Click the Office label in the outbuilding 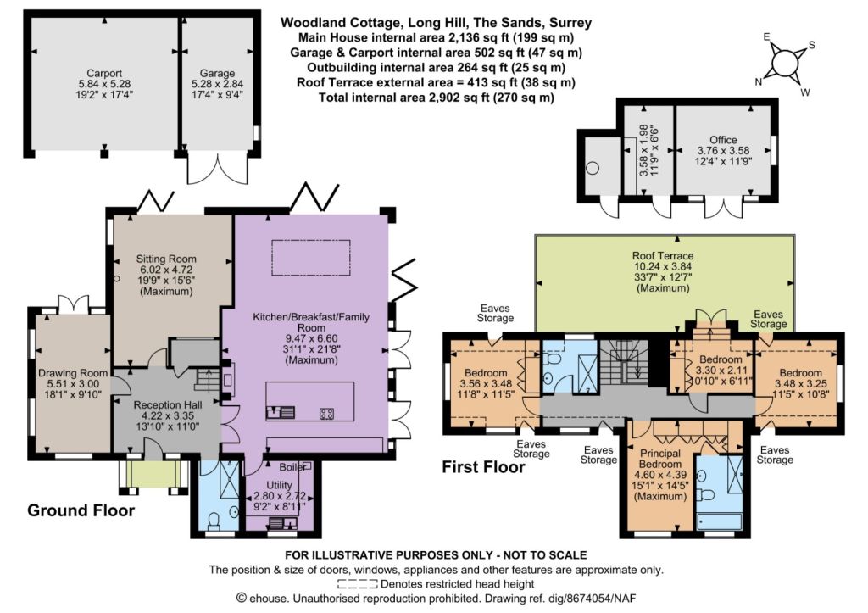[724, 140]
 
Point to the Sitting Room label [166, 259]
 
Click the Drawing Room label [73, 373]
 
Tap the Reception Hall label [167, 405]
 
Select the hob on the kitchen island [326, 413]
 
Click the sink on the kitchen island [280, 413]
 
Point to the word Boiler [292, 467]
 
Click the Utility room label [279, 486]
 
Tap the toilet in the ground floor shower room [214, 521]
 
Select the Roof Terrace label [663, 256]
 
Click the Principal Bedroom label [659, 459]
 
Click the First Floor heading [483, 467]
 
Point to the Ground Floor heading [81, 510]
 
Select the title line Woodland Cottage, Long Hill [437, 23]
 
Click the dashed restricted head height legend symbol [358, 583]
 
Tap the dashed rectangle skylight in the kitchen [311, 258]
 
